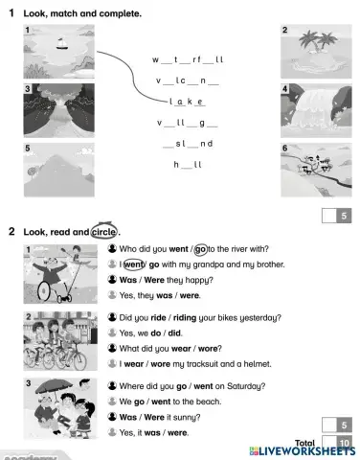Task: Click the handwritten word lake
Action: coord(188,102)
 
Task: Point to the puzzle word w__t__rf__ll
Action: coord(188,59)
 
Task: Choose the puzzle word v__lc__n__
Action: coord(188,80)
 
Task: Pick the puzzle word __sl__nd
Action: coord(188,144)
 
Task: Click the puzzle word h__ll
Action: coord(188,165)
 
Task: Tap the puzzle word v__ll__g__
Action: coord(188,123)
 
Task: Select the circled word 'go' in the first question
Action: coord(201,249)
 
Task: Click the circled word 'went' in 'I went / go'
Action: coord(134,264)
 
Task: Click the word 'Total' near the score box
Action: coord(306,442)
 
